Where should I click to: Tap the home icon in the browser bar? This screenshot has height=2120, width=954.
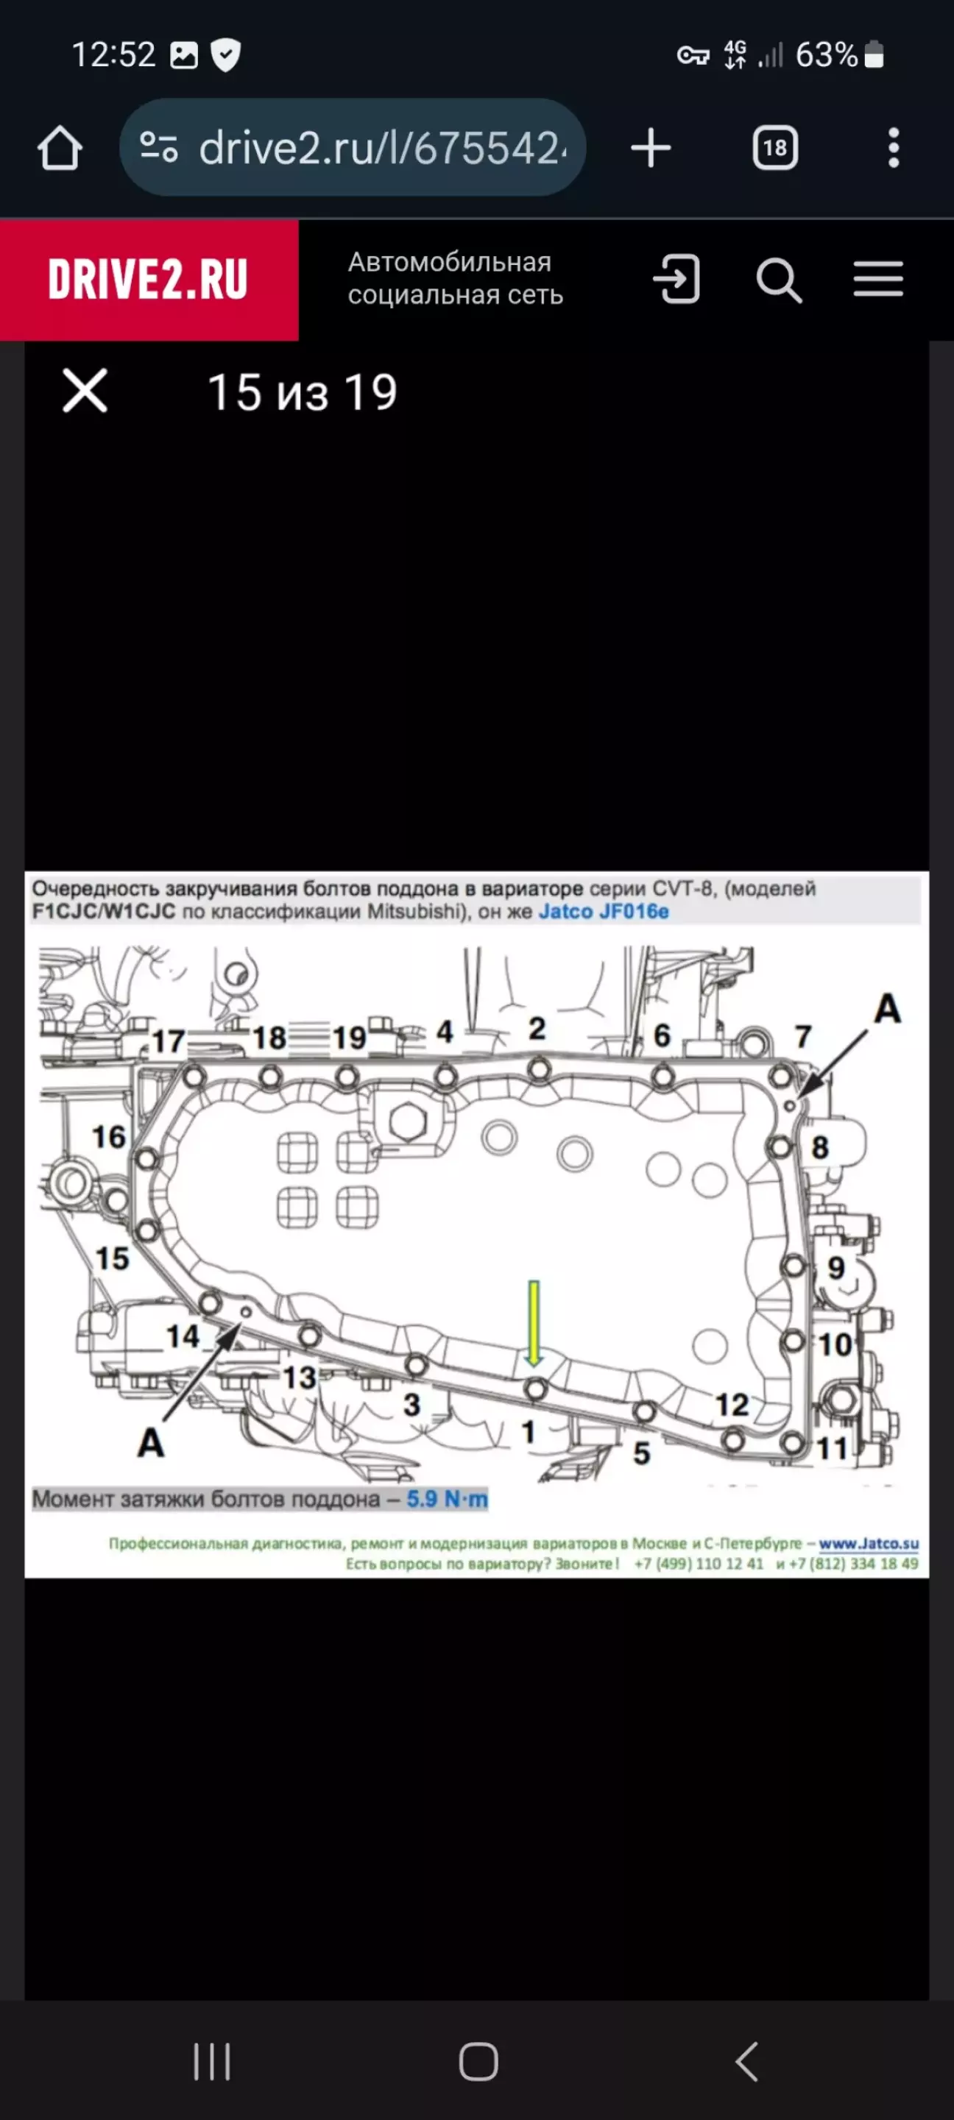pyautogui.click(x=60, y=148)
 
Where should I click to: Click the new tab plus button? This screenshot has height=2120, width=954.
pyautogui.click(x=650, y=148)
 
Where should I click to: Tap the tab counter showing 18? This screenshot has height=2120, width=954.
pyautogui.click(x=774, y=148)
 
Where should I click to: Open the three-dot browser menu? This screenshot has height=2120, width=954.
pyautogui.click(x=894, y=148)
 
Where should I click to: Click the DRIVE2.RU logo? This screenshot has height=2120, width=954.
pyautogui.click(x=148, y=279)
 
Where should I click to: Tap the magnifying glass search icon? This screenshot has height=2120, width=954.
pyautogui.click(x=779, y=280)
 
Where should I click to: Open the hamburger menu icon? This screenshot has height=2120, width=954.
pyautogui.click(x=878, y=279)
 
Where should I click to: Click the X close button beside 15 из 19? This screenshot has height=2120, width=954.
pyautogui.click(x=85, y=390)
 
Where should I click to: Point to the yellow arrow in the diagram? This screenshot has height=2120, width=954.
pyautogui.click(x=534, y=1322)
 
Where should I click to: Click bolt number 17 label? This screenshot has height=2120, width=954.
pyautogui.click(x=168, y=1041)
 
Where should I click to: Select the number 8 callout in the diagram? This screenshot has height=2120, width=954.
pyautogui.click(x=820, y=1147)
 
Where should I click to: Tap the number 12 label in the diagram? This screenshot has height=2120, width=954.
pyautogui.click(x=732, y=1405)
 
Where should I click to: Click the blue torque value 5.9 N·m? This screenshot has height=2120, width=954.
pyautogui.click(x=447, y=1500)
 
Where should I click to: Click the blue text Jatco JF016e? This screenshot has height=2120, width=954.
pyautogui.click(x=604, y=912)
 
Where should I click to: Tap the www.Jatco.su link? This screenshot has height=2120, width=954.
pyautogui.click(x=869, y=1543)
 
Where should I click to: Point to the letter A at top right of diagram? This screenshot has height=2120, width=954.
pyautogui.click(x=887, y=1008)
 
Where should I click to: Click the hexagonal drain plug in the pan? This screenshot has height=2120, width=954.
pyautogui.click(x=408, y=1121)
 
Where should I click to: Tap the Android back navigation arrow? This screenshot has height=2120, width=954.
pyautogui.click(x=746, y=2062)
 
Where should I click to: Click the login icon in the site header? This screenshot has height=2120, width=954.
pyautogui.click(x=676, y=279)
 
